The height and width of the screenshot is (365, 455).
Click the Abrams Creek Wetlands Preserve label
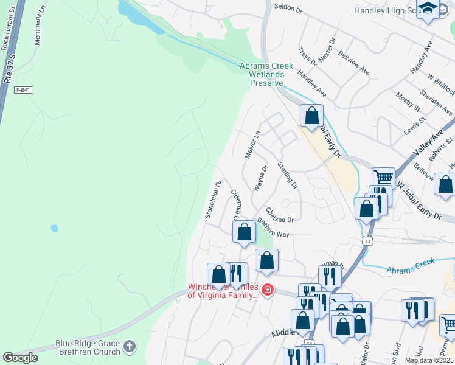coord(266,74)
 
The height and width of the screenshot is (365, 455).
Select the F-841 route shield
coord(23,90)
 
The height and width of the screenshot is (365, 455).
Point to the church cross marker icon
coord(128,347)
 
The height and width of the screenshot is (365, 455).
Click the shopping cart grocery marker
coord(384,178)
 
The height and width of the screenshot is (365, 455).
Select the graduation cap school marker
coord(428,9)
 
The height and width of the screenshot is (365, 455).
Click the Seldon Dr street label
coord(288,10)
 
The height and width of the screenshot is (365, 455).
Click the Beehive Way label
coord(273,229)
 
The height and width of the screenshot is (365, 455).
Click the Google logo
coord(20,357)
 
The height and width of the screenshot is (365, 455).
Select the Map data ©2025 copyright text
coord(429,360)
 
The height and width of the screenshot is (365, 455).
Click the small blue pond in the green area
coord(55,229)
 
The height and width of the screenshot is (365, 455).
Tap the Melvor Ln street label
coord(252,145)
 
